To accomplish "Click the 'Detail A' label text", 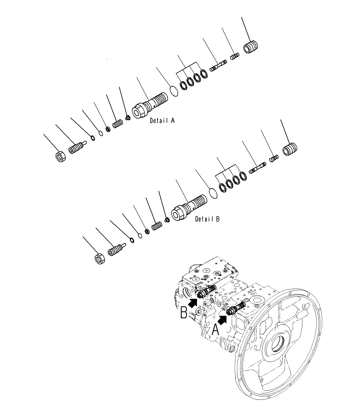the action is [162, 120].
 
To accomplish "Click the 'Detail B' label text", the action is [207, 219].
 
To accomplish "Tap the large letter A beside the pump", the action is [215, 329].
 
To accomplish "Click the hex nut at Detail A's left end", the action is [60, 157].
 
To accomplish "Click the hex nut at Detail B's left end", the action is [100, 258].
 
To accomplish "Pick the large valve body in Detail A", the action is [150, 105].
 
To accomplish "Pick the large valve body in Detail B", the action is [189, 208].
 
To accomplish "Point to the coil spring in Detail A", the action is [118, 124].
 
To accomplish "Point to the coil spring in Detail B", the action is [157, 226].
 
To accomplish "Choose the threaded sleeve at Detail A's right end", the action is [251, 47].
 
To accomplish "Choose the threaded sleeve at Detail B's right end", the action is [290, 149].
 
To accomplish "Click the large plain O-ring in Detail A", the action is [174, 91].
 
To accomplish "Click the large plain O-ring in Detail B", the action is [213, 193].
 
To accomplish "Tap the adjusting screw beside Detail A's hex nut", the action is [78, 147].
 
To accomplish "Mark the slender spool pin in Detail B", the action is [257, 168].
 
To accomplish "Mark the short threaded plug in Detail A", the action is [235, 56].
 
